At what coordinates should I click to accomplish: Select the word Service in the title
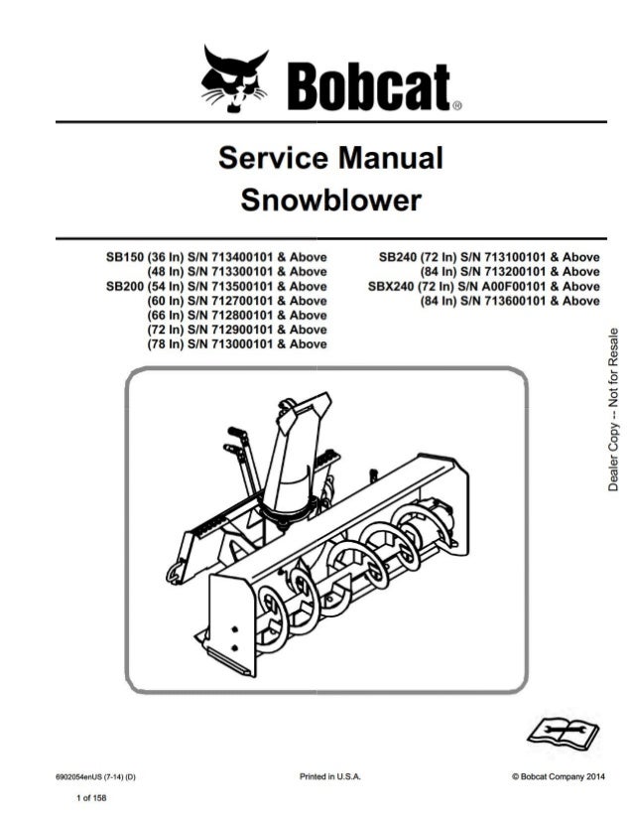click(268, 159)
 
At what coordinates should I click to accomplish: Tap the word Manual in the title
click(391, 159)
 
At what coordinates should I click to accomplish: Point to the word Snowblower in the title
click(330, 200)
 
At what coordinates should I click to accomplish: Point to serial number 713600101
click(507, 300)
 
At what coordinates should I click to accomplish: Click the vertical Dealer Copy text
click(614, 410)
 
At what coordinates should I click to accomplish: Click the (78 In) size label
click(168, 343)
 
